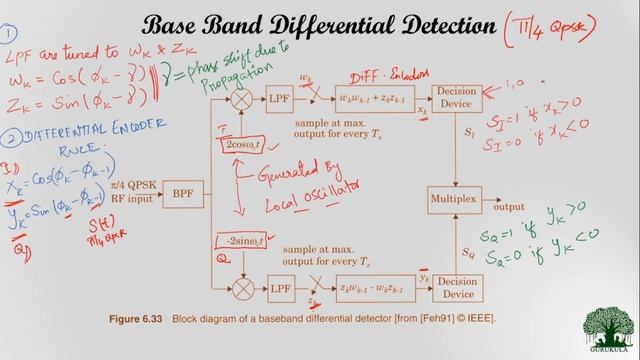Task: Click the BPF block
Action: [182, 193]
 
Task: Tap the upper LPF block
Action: [280, 99]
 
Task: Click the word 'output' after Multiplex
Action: [508, 207]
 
